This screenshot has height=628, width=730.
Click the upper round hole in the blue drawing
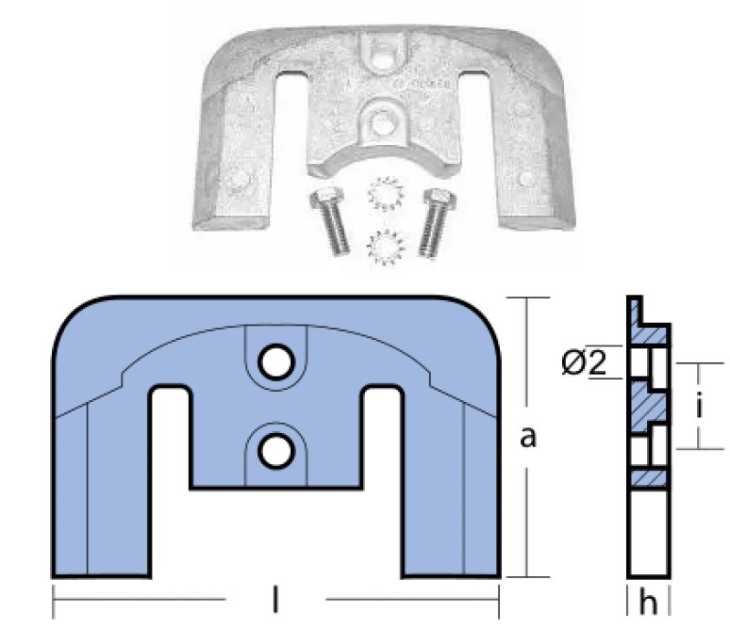(x=276, y=362)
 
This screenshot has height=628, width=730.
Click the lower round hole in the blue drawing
(x=276, y=450)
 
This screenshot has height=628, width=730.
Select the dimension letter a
(x=528, y=438)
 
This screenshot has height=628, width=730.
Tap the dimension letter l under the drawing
(x=276, y=599)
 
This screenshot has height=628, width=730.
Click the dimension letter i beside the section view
(x=699, y=406)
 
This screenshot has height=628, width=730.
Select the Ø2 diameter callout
(x=584, y=363)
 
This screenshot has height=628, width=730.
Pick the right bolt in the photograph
(x=436, y=222)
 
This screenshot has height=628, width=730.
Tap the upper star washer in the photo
(x=386, y=194)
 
